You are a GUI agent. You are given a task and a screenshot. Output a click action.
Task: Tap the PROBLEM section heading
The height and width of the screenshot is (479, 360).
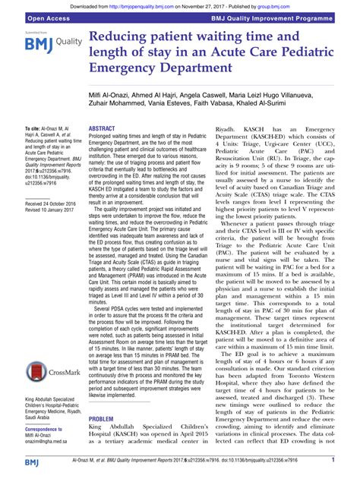click(x=102, y=418)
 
